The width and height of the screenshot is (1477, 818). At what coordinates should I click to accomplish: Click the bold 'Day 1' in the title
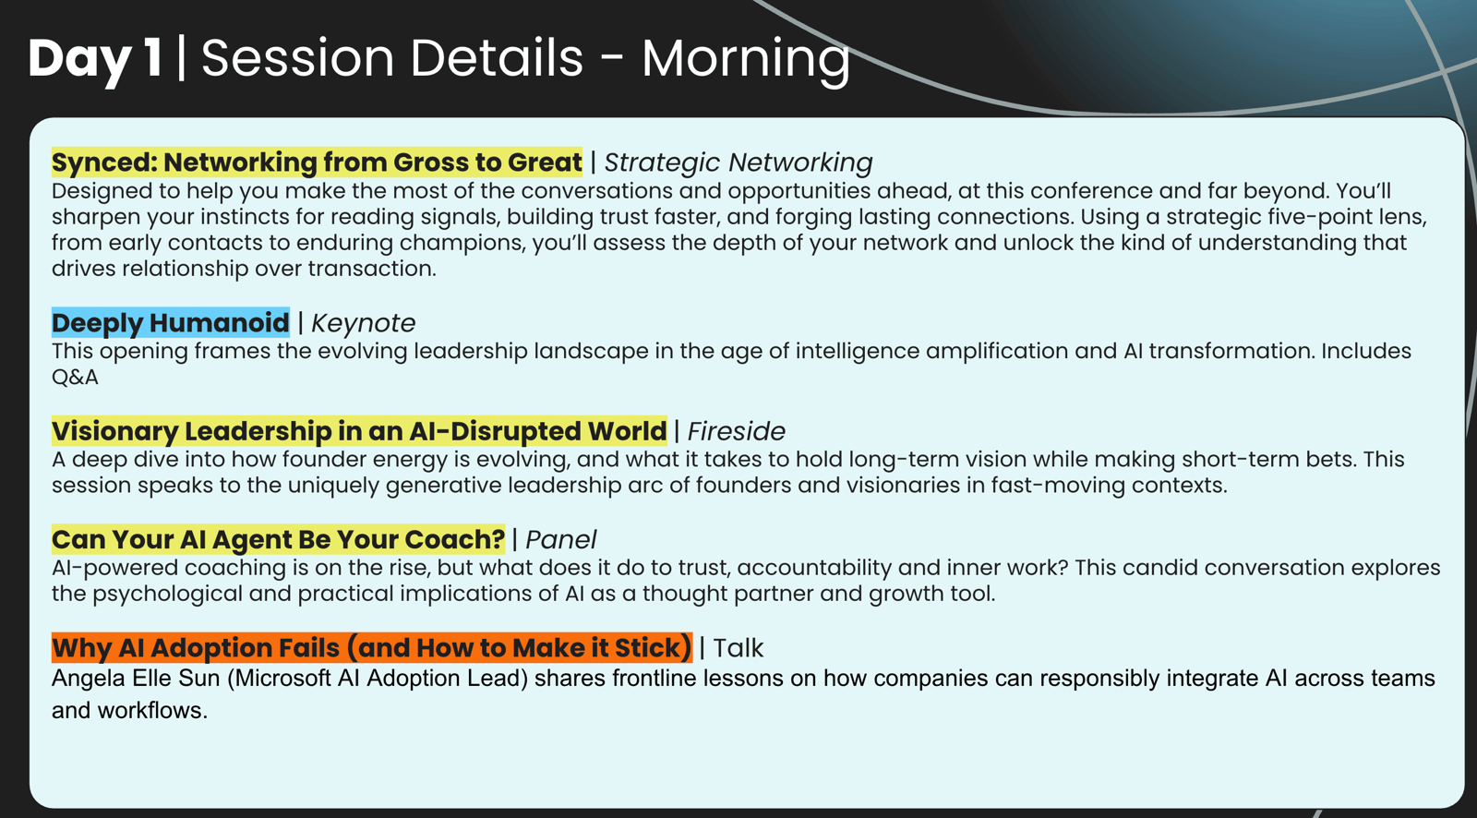tap(96, 59)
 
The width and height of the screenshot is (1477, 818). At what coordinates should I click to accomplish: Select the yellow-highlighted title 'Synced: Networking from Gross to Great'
tap(318, 162)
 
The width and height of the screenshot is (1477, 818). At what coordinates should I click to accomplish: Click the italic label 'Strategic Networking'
tap(738, 162)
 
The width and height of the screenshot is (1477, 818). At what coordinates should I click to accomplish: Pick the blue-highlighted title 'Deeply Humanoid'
tap(170, 322)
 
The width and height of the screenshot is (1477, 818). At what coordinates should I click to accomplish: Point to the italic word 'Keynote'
tap(364, 323)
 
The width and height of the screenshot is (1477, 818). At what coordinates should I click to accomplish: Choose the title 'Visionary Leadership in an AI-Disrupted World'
tap(359, 431)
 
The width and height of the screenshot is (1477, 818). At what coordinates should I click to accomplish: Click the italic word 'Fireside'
tap(737, 431)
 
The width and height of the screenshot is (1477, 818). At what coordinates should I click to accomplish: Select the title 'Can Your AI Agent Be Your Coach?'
tap(278, 539)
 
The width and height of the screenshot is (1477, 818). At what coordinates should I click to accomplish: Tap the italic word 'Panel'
tap(560, 539)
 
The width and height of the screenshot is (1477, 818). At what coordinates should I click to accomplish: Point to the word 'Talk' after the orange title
tap(738, 648)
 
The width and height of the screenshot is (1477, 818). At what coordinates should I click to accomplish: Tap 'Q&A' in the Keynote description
tap(75, 378)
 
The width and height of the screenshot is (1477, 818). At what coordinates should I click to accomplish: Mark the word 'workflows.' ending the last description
tap(152, 711)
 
